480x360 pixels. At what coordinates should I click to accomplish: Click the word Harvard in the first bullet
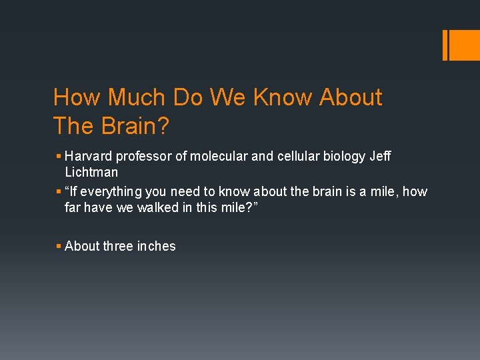89,156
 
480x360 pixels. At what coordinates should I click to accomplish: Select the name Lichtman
91,172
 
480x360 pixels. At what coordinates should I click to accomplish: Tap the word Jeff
380,156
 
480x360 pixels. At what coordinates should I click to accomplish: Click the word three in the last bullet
119,246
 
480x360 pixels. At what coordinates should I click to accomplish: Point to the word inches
156,246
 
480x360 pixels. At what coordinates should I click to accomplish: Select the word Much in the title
135,97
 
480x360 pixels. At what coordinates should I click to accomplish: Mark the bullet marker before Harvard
59,157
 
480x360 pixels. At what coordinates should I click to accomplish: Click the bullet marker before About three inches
59,247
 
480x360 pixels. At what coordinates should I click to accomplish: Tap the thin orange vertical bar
445,45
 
